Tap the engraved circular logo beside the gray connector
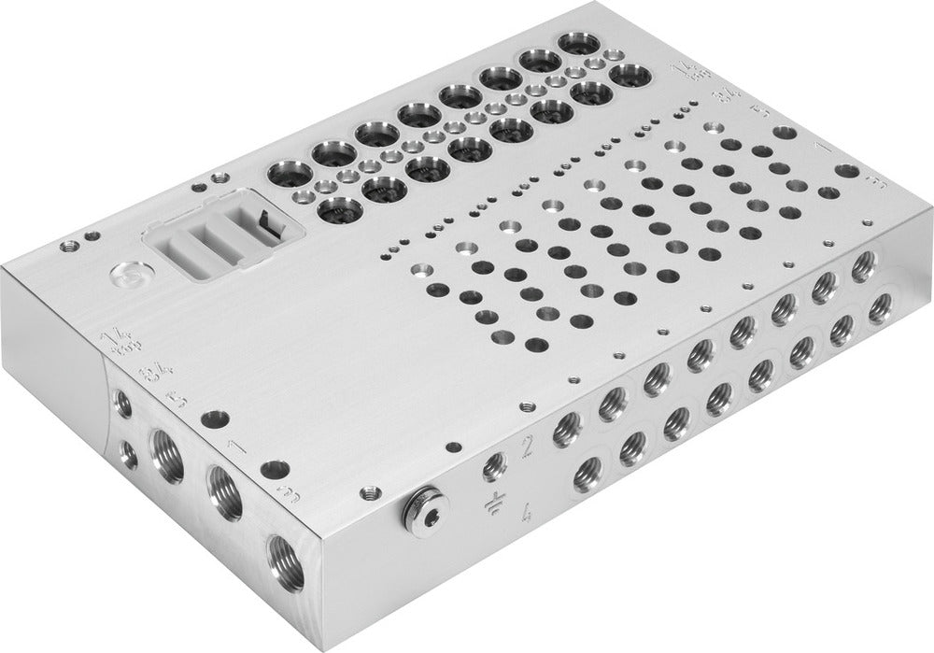pos(127,277)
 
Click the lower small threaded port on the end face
pos(128,455)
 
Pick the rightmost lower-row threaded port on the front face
pos(878,308)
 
